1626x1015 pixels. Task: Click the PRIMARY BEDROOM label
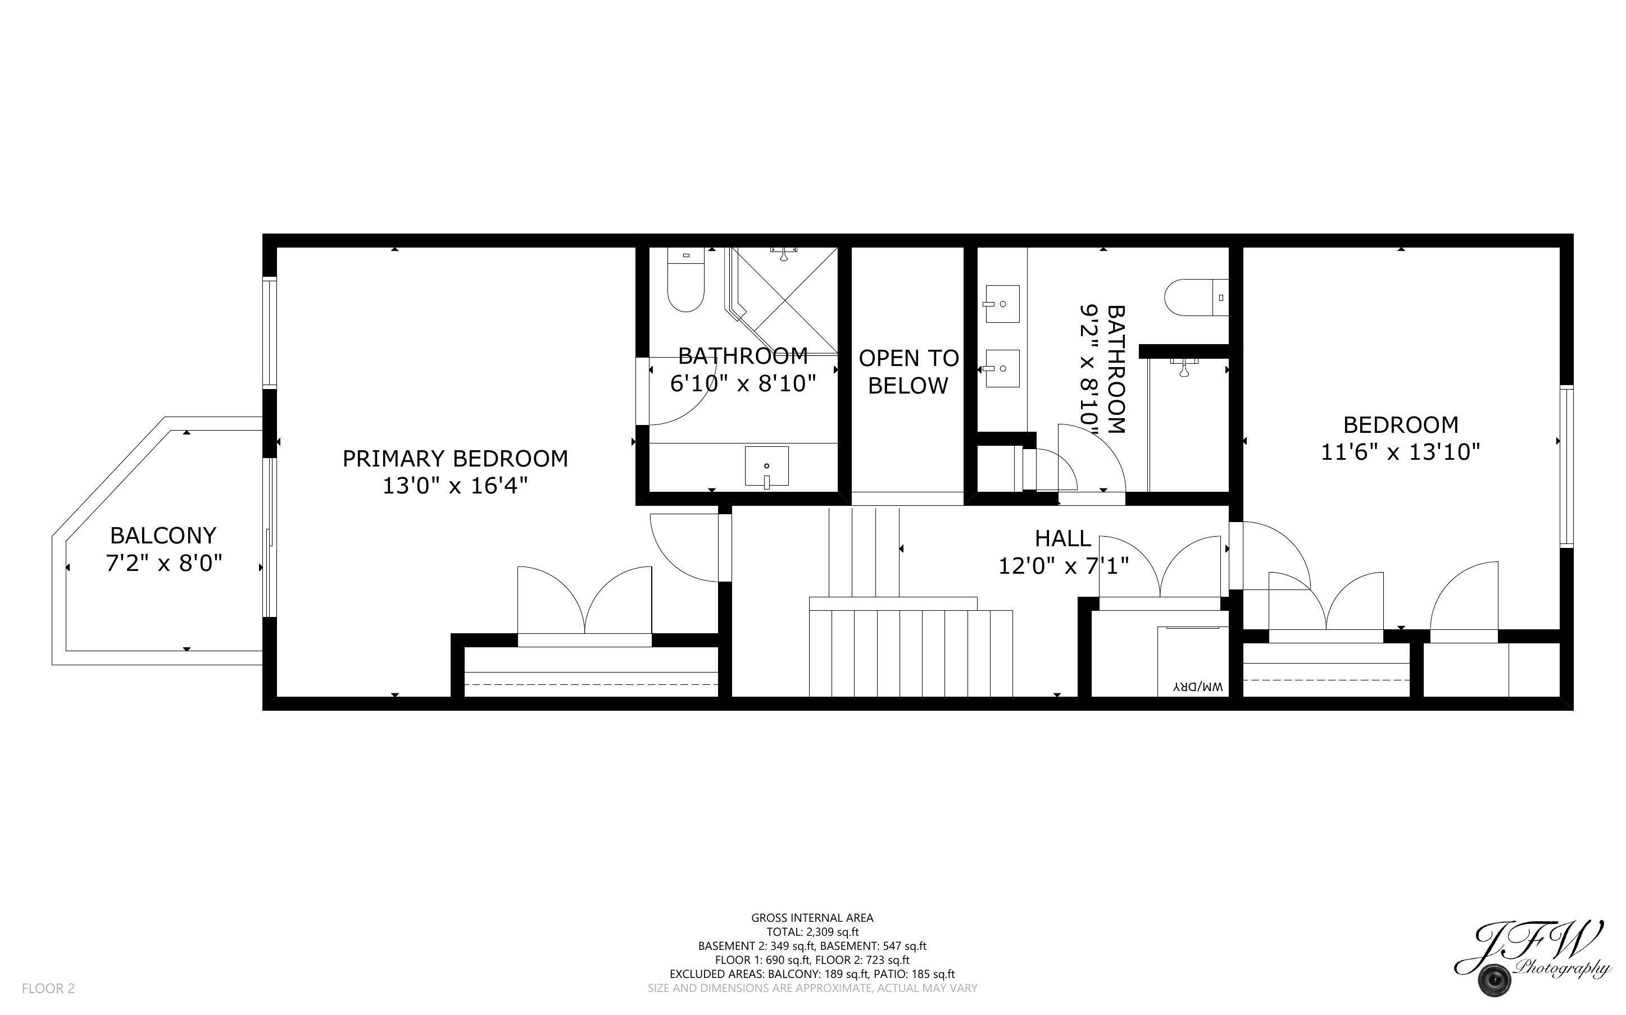[x=455, y=459]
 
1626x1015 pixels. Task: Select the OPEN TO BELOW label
[x=908, y=372]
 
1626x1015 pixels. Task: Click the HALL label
[x=1062, y=538]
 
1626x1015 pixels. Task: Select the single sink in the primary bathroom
[x=766, y=465]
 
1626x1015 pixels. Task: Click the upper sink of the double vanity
[x=1002, y=303]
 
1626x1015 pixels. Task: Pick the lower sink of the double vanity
[x=1002, y=368]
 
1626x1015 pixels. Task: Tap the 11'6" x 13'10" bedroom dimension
[x=1400, y=452]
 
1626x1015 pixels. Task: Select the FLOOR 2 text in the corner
[x=48, y=988]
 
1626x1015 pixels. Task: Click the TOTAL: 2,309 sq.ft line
[x=812, y=932]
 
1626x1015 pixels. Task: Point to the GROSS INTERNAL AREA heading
[x=812, y=918]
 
